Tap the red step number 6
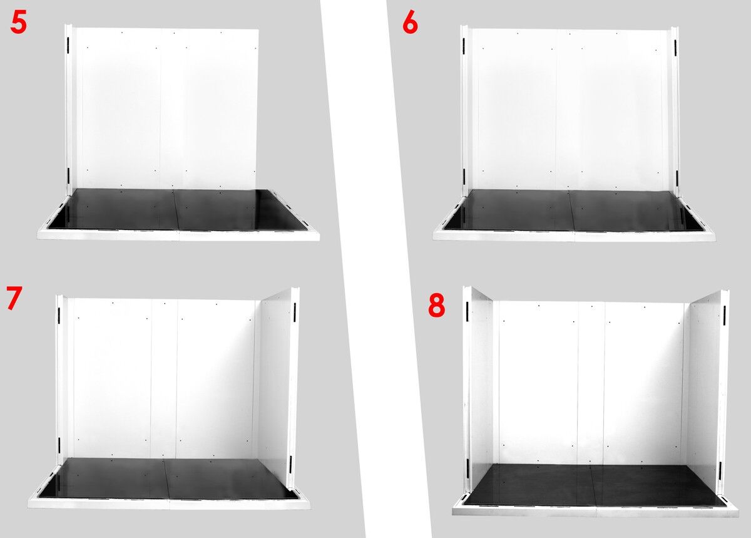pyautogui.click(x=410, y=24)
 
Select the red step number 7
pyautogui.click(x=14, y=297)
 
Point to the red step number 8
pyautogui.click(x=437, y=306)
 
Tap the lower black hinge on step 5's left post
pyautogui.click(x=68, y=175)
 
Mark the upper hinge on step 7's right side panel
pyautogui.click(x=295, y=313)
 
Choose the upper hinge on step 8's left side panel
pyautogui.click(x=467, y=311)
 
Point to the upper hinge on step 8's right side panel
pyautogui.click(x=725, y=316)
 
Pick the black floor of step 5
pyautogui.click(x=178, y=209)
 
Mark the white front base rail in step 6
pyautogui.click(x=574, y=236)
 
